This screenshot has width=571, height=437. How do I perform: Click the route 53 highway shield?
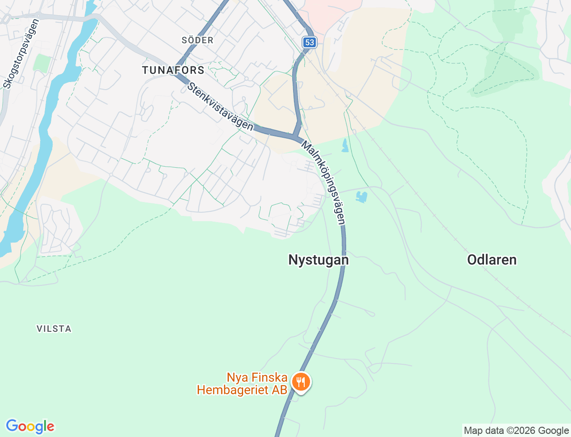point(309,42)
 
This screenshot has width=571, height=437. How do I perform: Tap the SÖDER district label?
point(197,40)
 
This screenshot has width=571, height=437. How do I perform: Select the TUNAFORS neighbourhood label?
point(173,70)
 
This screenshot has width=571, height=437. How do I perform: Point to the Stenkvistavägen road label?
point(220,107)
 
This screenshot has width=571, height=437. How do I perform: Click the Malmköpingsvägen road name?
point(323,182)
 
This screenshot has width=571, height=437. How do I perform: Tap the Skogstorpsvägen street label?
point(21,54)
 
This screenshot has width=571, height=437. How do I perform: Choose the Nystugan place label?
point(318,260)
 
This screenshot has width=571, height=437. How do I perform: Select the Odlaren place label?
point(492,260)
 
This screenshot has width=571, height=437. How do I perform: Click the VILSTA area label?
point(54,329)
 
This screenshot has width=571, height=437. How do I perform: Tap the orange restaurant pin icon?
point(301,383)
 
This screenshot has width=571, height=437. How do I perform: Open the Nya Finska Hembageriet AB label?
point(242,383)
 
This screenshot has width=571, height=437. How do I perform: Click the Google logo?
point(30,426)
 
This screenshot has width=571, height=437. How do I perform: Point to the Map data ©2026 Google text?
point(516,430)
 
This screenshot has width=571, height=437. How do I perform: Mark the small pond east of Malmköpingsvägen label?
point(361,197)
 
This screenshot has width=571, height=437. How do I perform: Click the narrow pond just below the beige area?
point(345,145)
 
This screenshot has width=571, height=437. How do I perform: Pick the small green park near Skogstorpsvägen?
point(42,63)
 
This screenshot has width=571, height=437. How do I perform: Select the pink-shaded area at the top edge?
point(330,11)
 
